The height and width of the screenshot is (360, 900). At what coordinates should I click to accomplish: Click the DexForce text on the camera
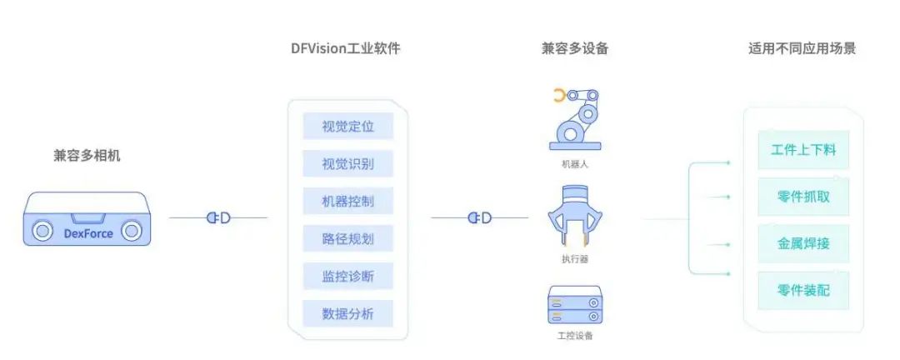87,233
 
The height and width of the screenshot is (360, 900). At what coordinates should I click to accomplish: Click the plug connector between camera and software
218,218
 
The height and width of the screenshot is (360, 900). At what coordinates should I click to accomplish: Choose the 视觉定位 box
347,127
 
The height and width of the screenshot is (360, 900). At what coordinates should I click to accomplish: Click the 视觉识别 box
347,163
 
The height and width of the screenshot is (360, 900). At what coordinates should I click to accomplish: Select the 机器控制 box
347,201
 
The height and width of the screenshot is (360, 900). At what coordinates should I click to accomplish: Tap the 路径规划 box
347,239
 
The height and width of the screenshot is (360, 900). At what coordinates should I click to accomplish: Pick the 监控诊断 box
347,276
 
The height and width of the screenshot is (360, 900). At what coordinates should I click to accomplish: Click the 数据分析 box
347,314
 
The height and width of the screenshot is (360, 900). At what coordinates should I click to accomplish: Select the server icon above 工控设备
574,305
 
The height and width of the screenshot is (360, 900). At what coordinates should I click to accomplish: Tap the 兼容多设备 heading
575,48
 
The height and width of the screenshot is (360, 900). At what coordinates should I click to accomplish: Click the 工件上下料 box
803,151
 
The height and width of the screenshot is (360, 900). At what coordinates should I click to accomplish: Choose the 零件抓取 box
803,197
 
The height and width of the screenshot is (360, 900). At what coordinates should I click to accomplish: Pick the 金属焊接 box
803,244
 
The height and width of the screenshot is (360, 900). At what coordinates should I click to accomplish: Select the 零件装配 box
803,291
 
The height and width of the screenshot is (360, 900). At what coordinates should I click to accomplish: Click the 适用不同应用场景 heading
802,48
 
